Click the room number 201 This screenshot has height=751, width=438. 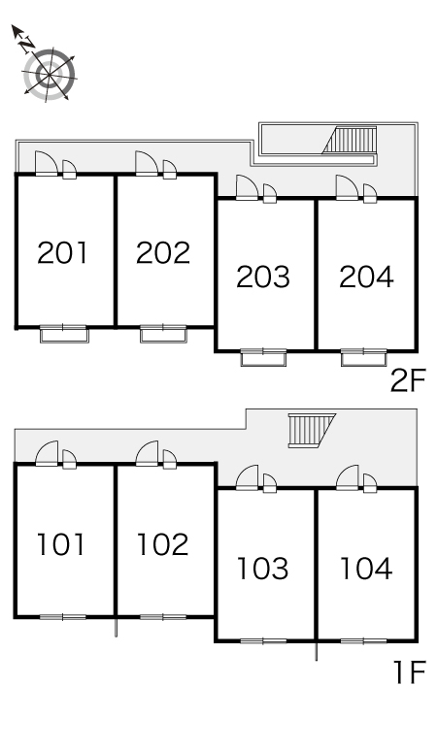(62, 253)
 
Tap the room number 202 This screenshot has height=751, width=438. (163, 253)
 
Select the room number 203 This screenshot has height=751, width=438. (263, 277)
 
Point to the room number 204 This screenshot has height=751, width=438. (366, 277)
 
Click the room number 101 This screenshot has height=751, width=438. (61, 544)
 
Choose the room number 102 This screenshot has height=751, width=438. (162, 544)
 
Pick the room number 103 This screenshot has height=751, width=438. (263, 569)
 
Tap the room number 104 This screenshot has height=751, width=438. (366, 569)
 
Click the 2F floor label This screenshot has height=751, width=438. (408, 380)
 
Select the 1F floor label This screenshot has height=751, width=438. (410, 672)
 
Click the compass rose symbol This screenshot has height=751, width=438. (49, 75)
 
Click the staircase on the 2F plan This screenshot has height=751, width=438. (350, 141)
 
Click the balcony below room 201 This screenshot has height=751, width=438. (64, 335)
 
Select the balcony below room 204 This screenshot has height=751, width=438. (364, 358)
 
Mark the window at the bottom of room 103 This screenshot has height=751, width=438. (263, 640)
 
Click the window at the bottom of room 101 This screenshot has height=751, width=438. (63, 617)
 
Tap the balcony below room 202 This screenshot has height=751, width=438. (163, 335)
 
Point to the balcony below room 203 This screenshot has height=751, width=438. (263, 358)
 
